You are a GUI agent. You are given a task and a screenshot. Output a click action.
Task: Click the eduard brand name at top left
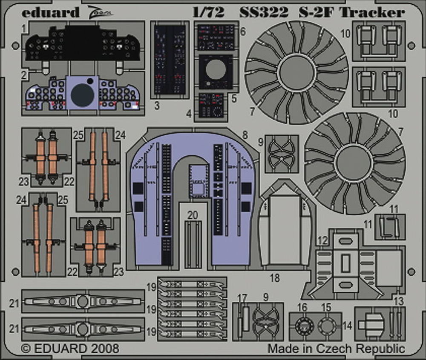point(50,12)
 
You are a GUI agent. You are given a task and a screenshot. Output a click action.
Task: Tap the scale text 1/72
point(208,13)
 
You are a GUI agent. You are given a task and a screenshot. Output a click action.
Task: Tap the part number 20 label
point(193,215)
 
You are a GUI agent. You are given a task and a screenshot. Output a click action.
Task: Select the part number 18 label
point(275,278)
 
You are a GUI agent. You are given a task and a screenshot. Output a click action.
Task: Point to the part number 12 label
point(322,241)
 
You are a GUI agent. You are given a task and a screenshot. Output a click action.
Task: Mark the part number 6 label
point(243,32)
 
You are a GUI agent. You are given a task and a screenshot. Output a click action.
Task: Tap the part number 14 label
point(347,326)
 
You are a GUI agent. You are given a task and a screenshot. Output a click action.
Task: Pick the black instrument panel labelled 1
point(82,43)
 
